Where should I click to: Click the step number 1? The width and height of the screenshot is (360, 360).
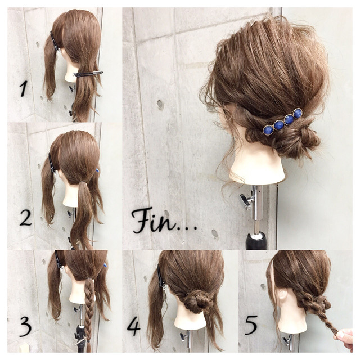point(24,88)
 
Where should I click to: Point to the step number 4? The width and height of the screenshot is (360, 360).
point(133,326)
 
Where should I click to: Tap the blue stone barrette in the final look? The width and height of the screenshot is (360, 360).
point(282,121)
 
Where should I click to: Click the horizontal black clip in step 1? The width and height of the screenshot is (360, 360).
point(88,74)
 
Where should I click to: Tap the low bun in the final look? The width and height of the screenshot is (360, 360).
point(299,142)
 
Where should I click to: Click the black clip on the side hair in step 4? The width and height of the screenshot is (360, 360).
point(161,277)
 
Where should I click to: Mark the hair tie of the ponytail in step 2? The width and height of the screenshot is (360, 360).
point(83,182)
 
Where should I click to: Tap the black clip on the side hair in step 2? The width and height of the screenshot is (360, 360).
point(52,163)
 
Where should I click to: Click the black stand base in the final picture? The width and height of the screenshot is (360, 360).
point(256,241)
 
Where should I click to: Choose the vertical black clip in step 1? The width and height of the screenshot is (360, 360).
point(55,41)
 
